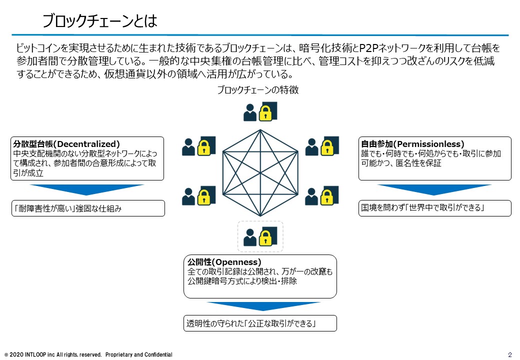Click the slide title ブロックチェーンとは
[100, 21]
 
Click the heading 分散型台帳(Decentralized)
[66, 144]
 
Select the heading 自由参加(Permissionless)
[412, 144]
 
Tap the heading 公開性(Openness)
[224, 262]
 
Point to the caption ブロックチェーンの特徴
[258, 90]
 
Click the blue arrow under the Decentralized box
[87, 189]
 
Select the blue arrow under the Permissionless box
[434, 189]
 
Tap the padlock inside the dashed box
[265, 237]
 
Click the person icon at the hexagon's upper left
[188, 147]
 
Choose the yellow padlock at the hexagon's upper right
[327, 147]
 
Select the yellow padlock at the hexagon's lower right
[327, 197]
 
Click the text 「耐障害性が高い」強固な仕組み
[67, 208]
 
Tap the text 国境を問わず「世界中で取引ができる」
[423, 208]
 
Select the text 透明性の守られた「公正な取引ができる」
[251, 323]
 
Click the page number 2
[509, 354]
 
